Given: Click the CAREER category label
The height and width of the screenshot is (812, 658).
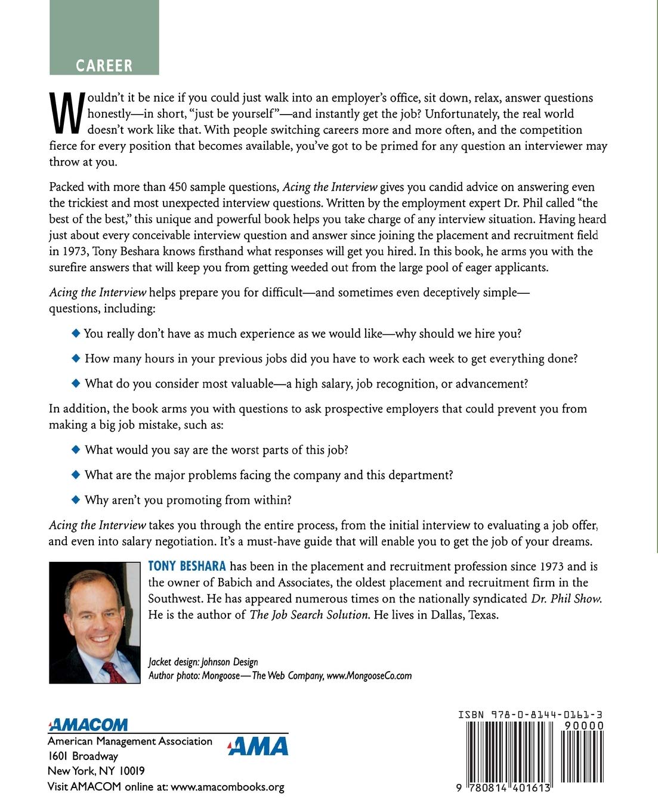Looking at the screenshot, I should coord(104,65).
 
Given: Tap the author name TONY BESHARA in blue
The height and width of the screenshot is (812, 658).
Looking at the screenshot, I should coord(187,566).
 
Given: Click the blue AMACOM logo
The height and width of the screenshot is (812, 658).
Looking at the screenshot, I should coord(88,724).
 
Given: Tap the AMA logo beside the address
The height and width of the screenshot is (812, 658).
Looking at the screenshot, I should coord(258,746).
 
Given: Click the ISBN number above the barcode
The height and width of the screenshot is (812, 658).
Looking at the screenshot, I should coord(530,714).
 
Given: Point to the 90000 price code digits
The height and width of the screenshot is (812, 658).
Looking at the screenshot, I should coord(580,726).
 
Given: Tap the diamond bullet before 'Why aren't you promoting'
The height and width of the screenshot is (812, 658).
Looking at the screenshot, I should coord(75,499).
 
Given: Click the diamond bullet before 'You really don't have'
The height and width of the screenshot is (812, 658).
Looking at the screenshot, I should coord(75,333).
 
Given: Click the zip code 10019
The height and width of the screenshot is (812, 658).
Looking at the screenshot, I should coord(132,771).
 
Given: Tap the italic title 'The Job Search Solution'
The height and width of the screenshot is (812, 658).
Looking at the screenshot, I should coord(310,614).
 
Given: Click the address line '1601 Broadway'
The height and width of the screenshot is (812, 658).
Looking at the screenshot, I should coord(83,756).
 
